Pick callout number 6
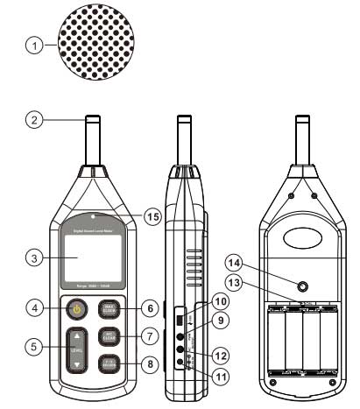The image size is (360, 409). click(150, 307)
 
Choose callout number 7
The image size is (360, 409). click(150, 335)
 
